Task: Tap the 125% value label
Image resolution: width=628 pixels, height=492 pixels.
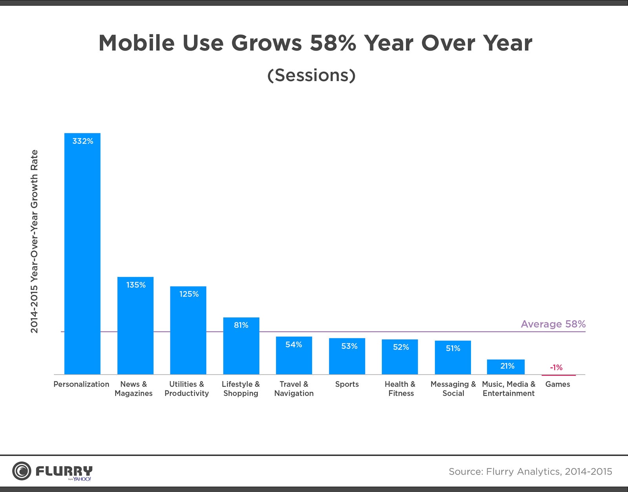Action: (x=189, y=294)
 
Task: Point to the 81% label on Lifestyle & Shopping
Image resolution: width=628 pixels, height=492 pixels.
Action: (x=241, y=325)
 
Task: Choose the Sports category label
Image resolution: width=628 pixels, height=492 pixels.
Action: (x=347, y=384)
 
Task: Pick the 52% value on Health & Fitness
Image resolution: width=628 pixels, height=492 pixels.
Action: (x=401, y=347)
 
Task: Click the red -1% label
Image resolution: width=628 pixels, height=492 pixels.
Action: (x=556, y=367)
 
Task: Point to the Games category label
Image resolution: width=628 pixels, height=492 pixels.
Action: (x=557, y=384)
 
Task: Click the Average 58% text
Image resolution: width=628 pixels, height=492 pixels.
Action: (x=553, y=324)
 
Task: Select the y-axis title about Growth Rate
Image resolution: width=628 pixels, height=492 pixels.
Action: (x=35, y=241)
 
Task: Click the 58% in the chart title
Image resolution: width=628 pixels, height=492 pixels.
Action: (x=333, y=43)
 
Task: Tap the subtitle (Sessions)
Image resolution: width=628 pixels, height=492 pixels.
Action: (x=311, y=75)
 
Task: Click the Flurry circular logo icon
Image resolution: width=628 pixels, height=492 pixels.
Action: (x=21, y=471)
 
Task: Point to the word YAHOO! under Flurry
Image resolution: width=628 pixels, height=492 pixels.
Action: (x=82, y=479)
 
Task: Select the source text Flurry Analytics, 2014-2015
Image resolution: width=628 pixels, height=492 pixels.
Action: (x=530, y=471)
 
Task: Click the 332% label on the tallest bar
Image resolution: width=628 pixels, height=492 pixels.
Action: (x=82, y=141)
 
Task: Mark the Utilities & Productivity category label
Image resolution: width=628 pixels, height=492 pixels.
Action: (x=186, y=388)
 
